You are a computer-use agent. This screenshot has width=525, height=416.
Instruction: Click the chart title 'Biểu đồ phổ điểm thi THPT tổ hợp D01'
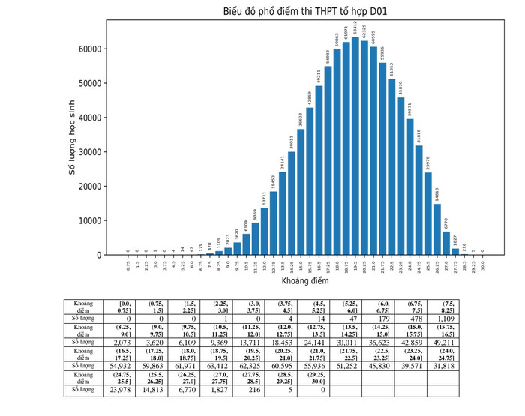[304, 11]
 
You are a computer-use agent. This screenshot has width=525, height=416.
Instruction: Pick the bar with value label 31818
[419, 201]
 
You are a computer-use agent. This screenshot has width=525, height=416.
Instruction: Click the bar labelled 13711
[264, 232]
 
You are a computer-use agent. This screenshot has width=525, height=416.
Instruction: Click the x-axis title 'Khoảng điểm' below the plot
[304, 281]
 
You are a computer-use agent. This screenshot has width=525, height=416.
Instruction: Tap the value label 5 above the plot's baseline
[473, 250]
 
